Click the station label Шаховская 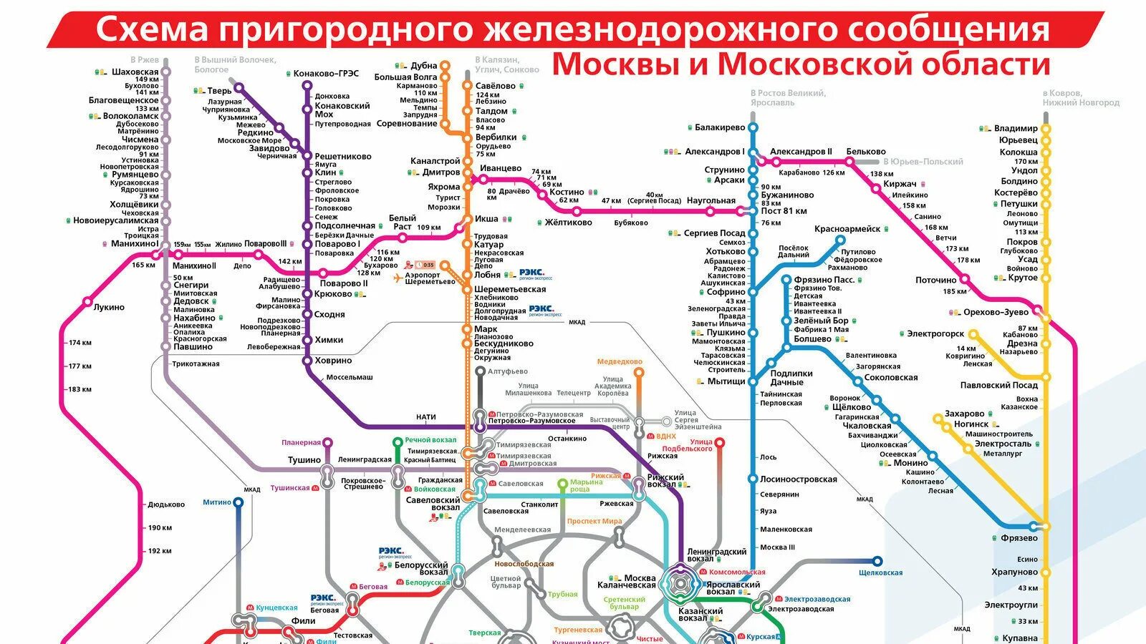(x=135, y=72)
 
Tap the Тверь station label (x=219, y=91)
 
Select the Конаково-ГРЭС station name (x=326, y=74)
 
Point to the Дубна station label (x=424, y=66)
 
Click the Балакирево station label (x=720, y=128)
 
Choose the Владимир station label (x=1016, y=129)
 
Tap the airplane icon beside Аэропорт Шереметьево (x=399, y=278)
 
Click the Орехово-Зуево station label (x=996, y=312)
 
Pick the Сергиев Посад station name (x=714, y=233)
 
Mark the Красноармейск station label (x=847, y=229)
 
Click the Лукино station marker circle (x=88, y=301)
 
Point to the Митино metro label (x=217, y=502)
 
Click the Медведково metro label (x=620, y=362)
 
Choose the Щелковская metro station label (x=880, y=572)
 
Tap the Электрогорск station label (x=935, y=334)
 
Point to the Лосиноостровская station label (x=798, y=479)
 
